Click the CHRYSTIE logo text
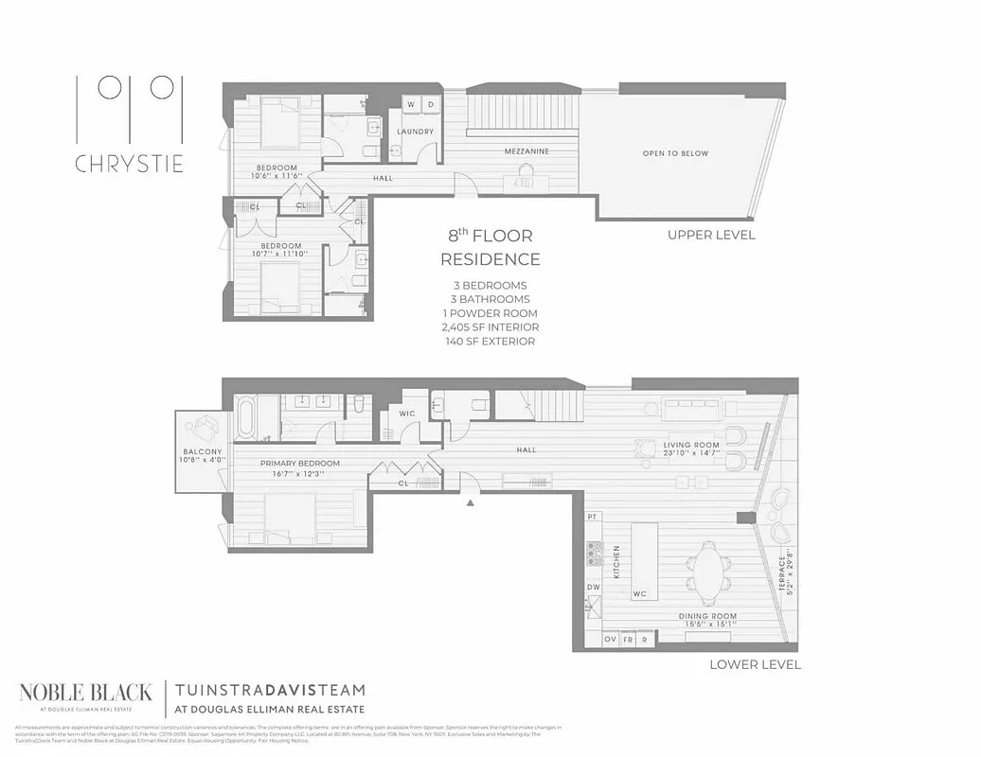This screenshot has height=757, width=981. (x=129, y=163)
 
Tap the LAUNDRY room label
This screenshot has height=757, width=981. (x=415, y=132)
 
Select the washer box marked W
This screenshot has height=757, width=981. (x=411, y=104)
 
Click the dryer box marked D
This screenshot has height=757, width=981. (x=430, y=104)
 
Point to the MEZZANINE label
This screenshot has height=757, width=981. (x=526, y=151)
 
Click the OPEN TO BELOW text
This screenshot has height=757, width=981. (x=675, y=153)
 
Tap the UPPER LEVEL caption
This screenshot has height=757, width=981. (x=711, y=235)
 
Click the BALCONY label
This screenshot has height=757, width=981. (x=203, y=452)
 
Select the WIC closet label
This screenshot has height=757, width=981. (x=407, y=414)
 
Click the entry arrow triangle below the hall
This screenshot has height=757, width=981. (x=471, y=502)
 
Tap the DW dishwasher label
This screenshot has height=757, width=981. (x=594, y=588)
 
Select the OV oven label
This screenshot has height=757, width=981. (x=611, y=641)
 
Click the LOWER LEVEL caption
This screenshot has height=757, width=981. (x=755, y=664)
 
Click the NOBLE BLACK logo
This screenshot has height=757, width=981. (x=85, y=695)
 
